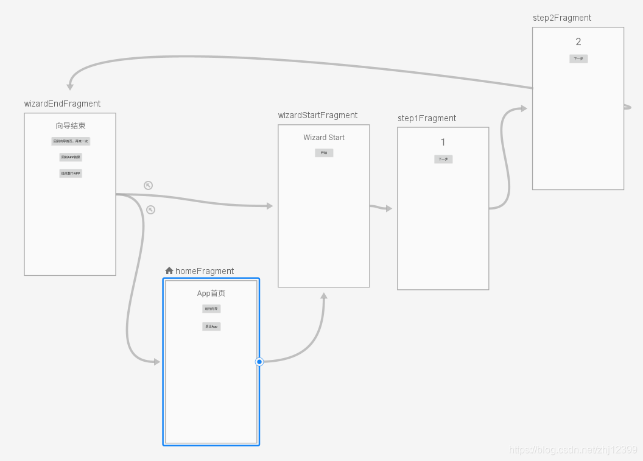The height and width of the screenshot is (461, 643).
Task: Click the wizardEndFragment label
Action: [62, 104]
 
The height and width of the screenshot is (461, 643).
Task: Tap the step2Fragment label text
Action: [562, 18]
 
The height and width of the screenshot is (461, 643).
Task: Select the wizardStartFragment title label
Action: [318, 115]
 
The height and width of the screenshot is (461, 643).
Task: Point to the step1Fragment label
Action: [427, 118]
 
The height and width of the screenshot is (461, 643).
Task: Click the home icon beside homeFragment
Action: [169, 270]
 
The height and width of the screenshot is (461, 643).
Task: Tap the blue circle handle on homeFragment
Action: [259, 362]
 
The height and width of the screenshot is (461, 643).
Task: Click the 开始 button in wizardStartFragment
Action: [324, 153]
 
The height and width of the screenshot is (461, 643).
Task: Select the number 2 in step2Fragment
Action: [578, 42]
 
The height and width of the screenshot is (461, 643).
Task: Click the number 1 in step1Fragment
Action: [443, 143]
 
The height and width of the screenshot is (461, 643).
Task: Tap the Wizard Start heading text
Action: [324, 138]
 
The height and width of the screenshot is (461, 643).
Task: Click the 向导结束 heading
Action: [71, 126]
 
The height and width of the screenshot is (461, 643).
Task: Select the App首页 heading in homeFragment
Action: [211, 294]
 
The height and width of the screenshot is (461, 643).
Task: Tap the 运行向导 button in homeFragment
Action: [211, 309]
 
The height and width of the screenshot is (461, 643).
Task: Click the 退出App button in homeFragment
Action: [211, 326]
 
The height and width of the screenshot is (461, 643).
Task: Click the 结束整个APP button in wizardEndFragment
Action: [71, 173]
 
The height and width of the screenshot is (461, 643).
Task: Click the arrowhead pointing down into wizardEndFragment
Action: [71, 86]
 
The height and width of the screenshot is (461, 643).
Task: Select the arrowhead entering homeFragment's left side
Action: [156, 362]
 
